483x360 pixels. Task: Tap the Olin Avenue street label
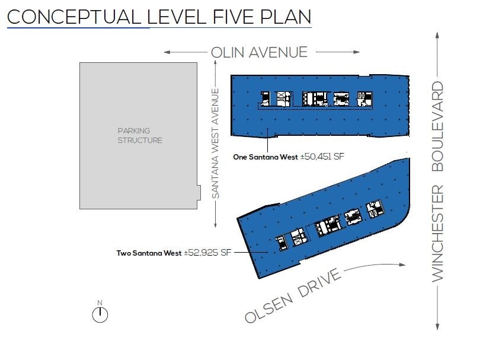[x=260, y=52]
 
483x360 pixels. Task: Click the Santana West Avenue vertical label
[x=215, y=144]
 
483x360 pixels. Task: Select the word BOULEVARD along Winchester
[x=437, y=126]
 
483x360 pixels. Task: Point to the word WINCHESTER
[x=437, y=233]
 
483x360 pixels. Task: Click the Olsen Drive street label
[x=293, y=296]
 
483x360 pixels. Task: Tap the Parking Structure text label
[x=140, y=136]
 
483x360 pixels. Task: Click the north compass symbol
[x=100, y=312]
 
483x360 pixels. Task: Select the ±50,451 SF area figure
[x=322, y=157]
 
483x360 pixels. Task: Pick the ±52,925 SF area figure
[x=207, y=253]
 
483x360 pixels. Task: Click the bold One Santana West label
[x=266, y=157]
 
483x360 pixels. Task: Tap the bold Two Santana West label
[x=149, y=253]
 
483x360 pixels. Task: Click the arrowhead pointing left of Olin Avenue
[x=167, y=52]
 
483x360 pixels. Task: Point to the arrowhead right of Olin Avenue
[x=356, y=52]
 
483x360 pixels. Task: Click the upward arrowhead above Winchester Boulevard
[x=437, y=35]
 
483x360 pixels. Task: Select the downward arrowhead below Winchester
[x=437, y=327]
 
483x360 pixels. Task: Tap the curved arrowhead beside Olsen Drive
[x=402, y=265]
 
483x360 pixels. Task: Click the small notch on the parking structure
[x=199, y=193]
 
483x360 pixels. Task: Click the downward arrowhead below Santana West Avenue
[x=215, y=224]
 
